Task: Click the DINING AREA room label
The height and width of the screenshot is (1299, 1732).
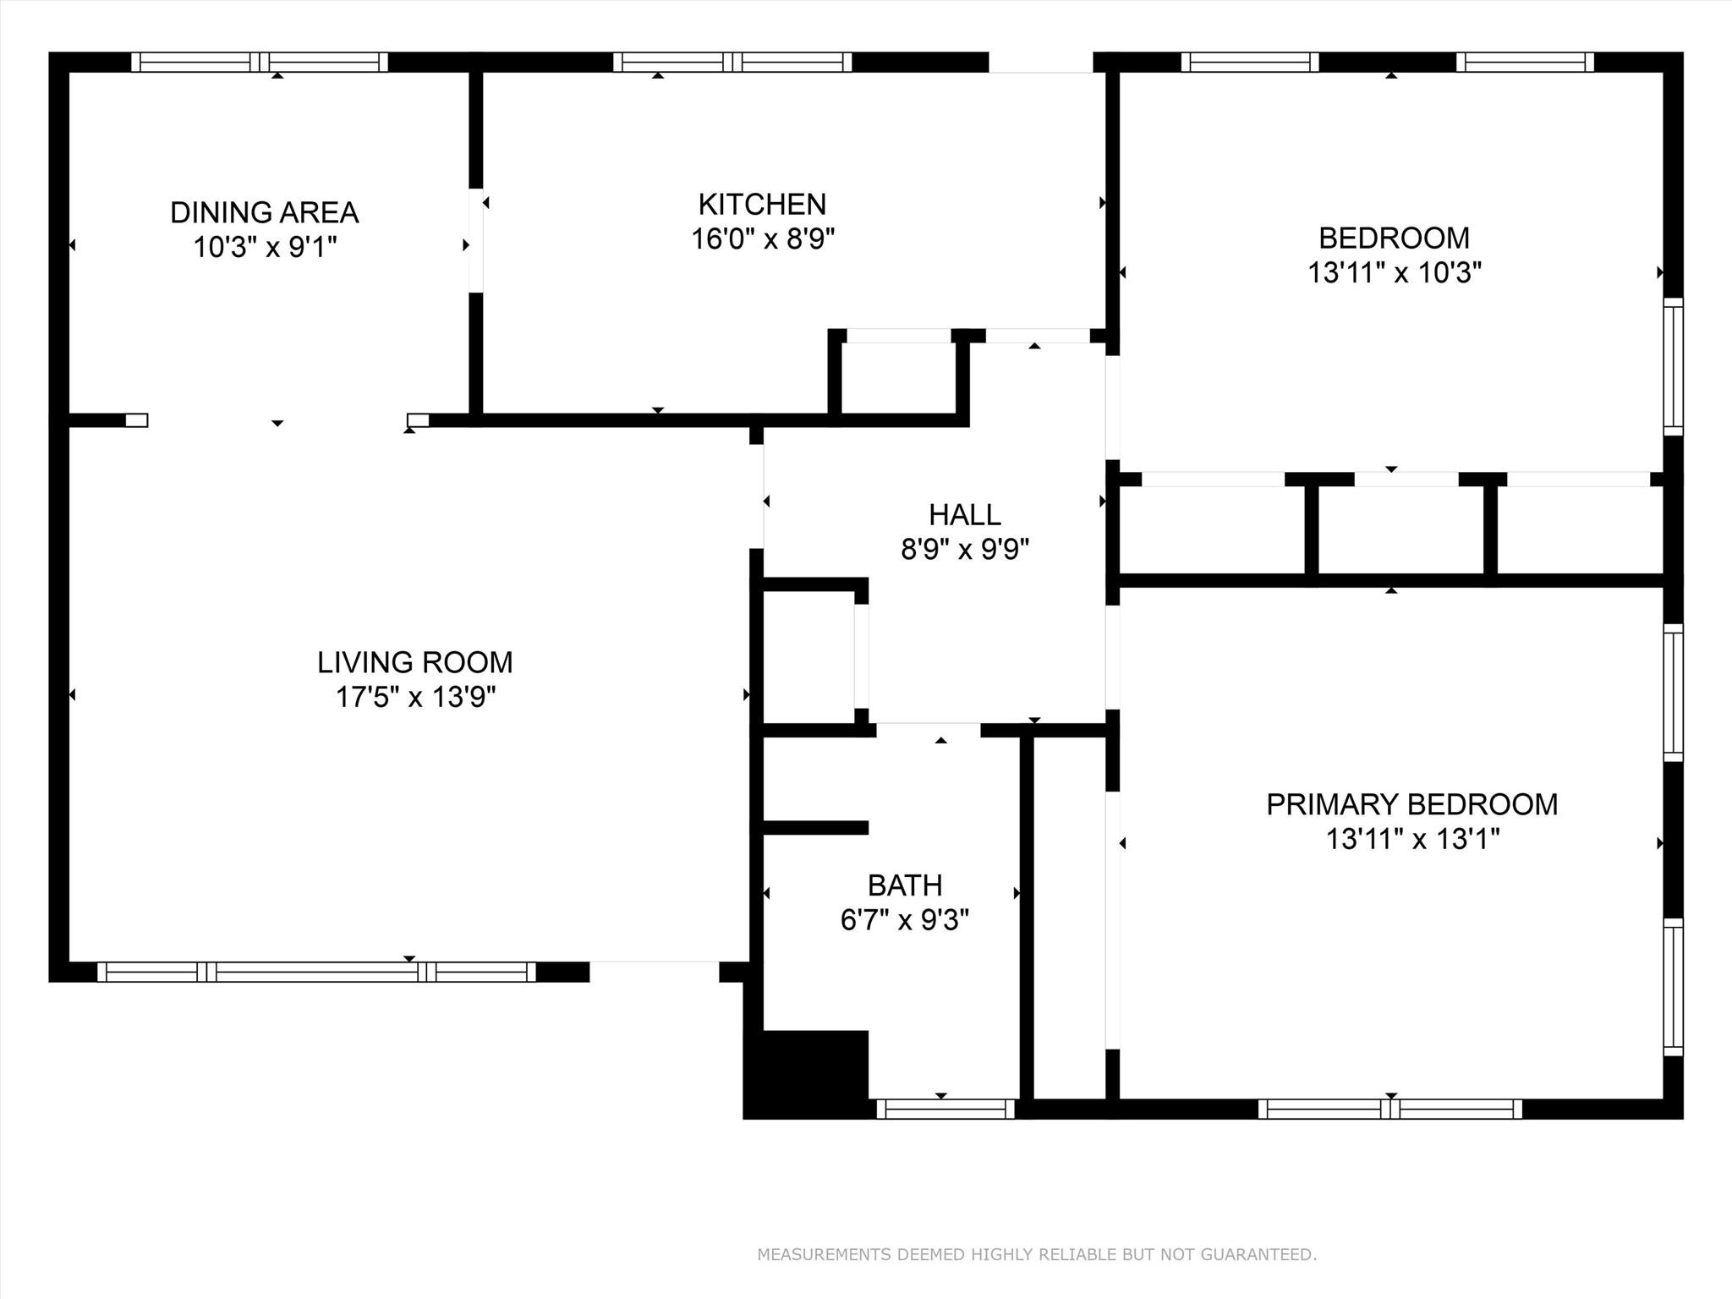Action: point(264,212)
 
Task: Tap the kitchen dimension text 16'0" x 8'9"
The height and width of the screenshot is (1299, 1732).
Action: point(763,239)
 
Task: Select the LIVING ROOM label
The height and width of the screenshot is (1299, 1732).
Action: point(414,662)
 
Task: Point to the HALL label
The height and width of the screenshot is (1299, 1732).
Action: point(964,514)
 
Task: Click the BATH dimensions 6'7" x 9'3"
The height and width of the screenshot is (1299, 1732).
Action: point(904,920)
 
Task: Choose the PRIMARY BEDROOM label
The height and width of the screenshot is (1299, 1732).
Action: point(1411,804)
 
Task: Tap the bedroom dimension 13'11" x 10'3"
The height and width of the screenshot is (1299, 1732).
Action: point(1395,273)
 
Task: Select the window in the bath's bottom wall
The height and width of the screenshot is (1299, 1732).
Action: point(945,1109)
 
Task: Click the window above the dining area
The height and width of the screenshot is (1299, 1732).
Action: point(260,62)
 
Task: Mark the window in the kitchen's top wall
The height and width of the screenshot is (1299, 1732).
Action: point(732,62)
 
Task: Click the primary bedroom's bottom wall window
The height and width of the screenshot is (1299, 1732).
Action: point(1389,1109)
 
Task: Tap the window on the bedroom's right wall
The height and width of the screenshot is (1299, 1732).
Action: point(1673,366)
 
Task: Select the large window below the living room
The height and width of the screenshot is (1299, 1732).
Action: point(316,972)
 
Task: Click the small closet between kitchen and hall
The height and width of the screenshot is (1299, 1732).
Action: point(898,378)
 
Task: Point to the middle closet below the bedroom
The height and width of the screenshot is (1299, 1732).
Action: point(1400,530)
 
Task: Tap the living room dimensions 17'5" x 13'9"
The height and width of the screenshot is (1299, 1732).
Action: point(414,698)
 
